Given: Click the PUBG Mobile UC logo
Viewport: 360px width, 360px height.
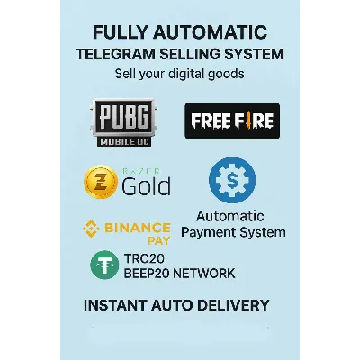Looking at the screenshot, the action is pos(124,122).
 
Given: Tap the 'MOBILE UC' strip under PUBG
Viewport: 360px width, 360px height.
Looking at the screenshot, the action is pos(124,141).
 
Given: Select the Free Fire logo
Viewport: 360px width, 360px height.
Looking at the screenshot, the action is pos(232,121).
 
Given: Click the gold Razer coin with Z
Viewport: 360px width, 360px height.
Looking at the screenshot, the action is pos(101,182).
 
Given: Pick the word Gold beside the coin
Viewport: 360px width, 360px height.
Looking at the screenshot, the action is pos(146,186).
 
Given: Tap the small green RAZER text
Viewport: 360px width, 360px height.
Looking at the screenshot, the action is pos(141,171).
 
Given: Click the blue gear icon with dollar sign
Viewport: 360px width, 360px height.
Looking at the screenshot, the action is pos(232,180).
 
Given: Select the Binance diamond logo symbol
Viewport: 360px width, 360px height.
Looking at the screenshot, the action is pos(91,229).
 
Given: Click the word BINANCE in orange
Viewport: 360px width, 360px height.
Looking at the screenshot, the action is pos(138,229).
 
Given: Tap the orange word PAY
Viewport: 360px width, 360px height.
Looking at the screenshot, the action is pos(159,240).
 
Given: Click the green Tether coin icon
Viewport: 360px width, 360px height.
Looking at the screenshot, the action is pos(104,265).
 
